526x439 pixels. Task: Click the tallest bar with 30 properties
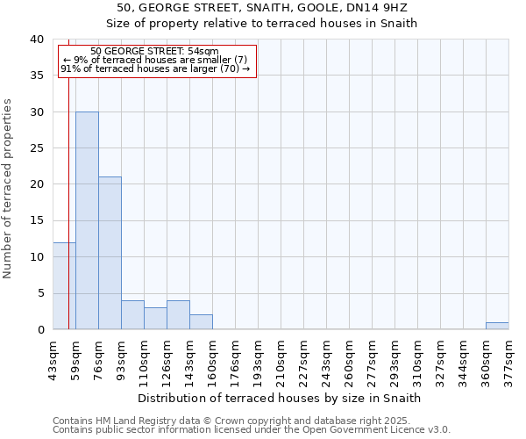[87, 220]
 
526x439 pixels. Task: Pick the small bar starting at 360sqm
[497, 326]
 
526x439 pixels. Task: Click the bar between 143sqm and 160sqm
[201, 322]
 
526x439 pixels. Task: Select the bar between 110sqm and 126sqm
[155, 319]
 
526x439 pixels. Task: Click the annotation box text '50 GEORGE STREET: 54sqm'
[155, 52]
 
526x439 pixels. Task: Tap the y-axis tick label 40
[36, 40]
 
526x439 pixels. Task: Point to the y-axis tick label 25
[36, 148]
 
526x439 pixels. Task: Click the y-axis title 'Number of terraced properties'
[8, 188]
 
